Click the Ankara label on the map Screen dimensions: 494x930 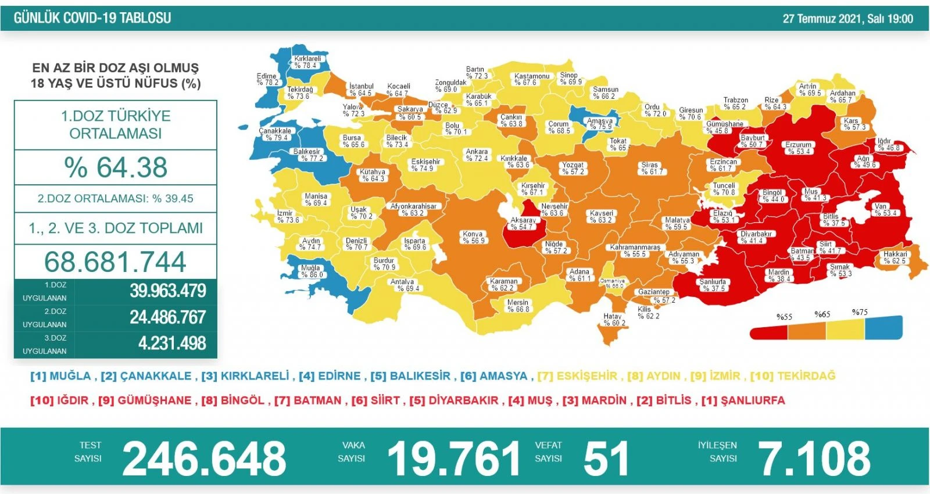(477, 155)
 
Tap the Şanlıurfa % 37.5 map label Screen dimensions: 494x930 (712, 285)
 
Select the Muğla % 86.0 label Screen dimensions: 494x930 (311, 271)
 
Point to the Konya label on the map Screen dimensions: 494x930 (473, 237)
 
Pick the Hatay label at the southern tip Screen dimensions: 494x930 (614, 320)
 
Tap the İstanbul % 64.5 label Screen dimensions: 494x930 (360, 90)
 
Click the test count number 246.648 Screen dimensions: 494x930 (204, 459)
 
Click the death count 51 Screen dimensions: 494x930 (606, 459)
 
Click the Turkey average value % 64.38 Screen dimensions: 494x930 (116, 167)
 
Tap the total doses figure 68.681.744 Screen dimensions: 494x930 (115, 262)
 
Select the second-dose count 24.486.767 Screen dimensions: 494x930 (167, 317)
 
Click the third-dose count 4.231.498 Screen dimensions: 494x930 (172, 343)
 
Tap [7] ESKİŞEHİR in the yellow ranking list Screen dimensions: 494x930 (577, 376)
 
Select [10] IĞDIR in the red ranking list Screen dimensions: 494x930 (59, 400)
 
